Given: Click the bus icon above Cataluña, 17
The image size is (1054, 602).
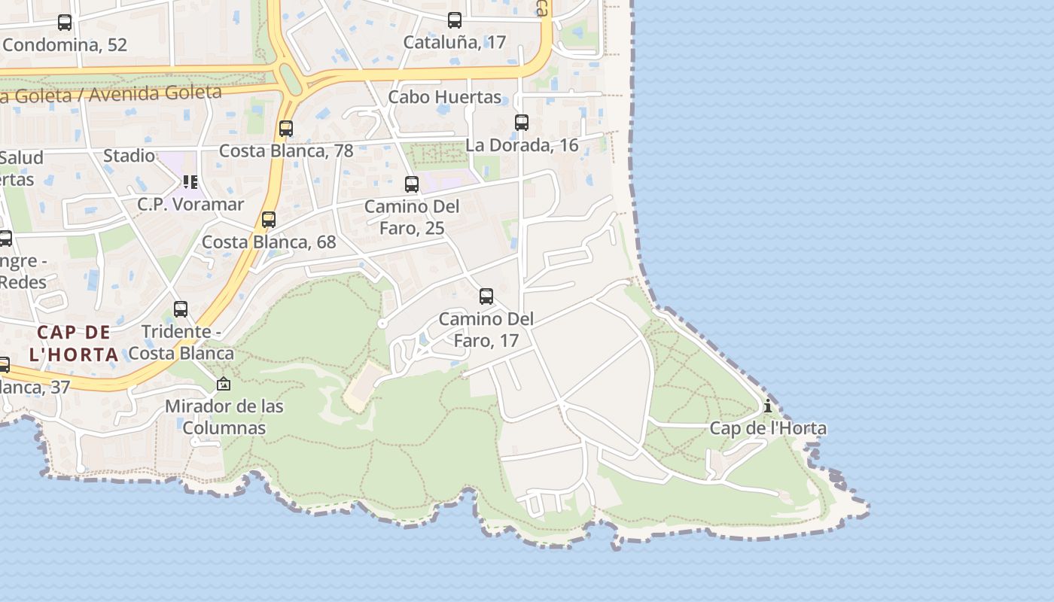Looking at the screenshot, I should click(455, 20).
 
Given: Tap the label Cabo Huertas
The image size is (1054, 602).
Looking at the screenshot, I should click(444, 97).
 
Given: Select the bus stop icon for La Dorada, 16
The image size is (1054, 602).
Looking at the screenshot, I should click(522, 122).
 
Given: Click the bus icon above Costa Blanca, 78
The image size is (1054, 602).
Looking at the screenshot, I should click(286, 129).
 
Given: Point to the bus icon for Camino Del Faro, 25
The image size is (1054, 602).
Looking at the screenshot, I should click(412, 184).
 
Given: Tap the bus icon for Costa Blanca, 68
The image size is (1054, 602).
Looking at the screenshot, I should click(269, 220).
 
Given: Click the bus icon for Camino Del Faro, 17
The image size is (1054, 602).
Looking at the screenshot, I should click(486, 296).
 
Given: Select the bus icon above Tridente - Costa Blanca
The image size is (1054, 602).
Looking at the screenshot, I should click(181, 309).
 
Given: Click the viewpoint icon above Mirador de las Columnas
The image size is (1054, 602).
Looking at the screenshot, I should click(224, 385).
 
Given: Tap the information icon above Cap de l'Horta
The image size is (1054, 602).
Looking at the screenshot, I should click(768, 406).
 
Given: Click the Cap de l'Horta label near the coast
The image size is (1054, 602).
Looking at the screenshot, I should click(768, 428).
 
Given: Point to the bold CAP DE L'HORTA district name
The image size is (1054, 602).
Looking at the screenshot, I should click(74, 343).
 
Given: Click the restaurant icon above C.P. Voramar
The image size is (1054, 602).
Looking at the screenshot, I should click(190, 182).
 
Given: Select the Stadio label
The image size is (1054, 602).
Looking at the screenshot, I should click(129, 156).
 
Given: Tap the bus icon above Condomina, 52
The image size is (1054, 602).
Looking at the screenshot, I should click(65, 23).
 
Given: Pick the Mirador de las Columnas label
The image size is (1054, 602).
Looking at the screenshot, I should click(224, 417).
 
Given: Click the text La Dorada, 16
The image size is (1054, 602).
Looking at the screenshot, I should click(522, 145).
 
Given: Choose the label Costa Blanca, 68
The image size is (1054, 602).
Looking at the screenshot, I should click(269, 242).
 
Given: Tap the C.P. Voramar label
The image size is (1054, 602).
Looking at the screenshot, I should click(190, 204).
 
